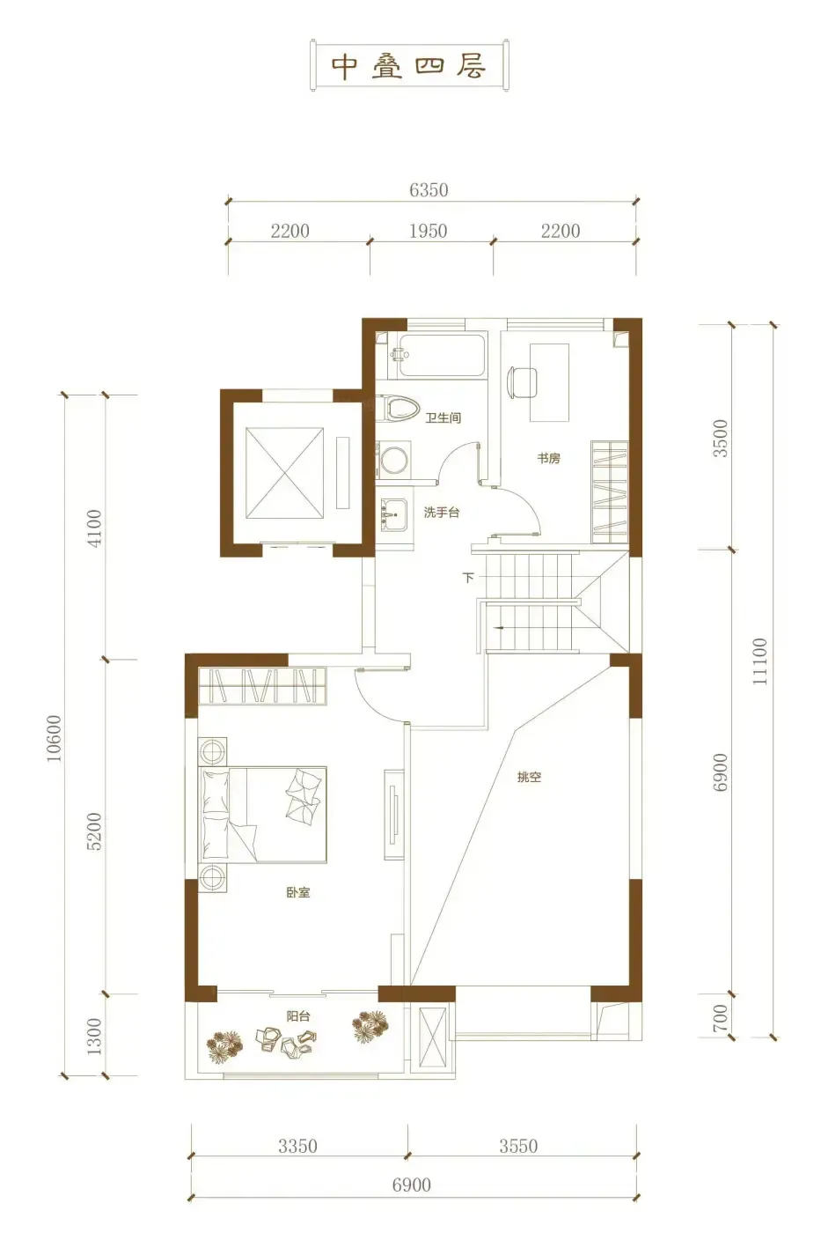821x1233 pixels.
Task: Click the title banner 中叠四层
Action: click(x=410, y=65)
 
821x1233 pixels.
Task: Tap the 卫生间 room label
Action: click(x=443, y=417)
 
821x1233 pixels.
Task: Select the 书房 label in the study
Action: click(x=548, y=457)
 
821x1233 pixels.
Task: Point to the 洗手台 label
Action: click(x=442, y=513)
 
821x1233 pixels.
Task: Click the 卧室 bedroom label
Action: click(x=298, y=892)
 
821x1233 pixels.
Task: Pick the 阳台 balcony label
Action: click(x=298, y=1016)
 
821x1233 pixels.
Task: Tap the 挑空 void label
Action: click(x=529, y=777)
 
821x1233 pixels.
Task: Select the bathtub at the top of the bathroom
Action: click(x=442, y=356)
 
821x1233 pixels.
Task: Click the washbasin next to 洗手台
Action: click(x=393, y=515)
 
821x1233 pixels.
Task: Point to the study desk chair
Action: click(x=522, y=382)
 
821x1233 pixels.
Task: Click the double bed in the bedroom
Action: click(x=263, y=814)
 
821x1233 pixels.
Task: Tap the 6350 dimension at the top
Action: click(x=429, y=190)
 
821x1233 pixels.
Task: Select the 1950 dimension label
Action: click(x=428, y=231)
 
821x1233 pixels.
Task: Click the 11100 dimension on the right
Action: click(x=760, y=661)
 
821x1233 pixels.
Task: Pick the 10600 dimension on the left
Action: click(x=54, y=738)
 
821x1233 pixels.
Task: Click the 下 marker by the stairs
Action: click(x=468, y=578)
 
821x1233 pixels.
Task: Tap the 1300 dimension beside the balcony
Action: click(x=94, y=1036)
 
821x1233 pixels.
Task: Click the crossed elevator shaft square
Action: click(x=285, y=474)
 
